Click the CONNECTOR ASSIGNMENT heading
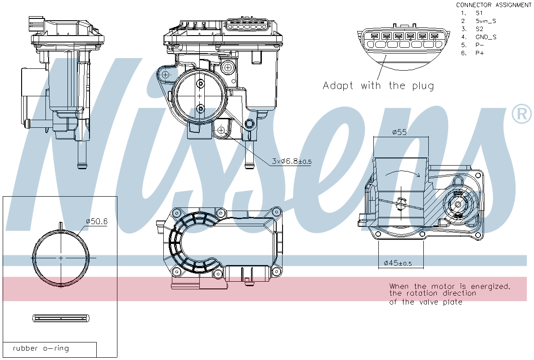pos(494,5)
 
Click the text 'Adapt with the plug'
pos(378,85)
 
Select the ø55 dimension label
pos(399,132)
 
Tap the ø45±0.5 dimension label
pos(398,263)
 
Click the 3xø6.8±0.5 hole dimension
pos(292,161)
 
